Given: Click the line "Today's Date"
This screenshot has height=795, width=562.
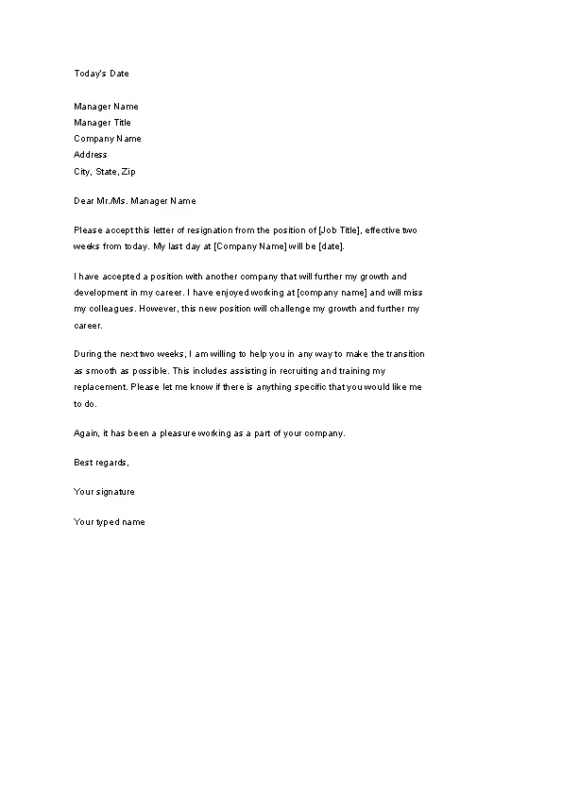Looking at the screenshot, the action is [101, 74].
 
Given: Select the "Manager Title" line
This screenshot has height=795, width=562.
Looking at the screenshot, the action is [103, 123].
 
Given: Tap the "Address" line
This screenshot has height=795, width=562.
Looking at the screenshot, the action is [91, 155].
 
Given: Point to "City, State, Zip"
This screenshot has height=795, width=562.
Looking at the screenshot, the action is [105, 172].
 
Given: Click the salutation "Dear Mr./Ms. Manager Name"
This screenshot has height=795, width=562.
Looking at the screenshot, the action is [135, 201].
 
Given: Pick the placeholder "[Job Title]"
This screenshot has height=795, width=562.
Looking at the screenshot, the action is [330, 230].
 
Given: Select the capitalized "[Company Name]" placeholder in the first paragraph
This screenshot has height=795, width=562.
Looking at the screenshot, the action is [245, 246].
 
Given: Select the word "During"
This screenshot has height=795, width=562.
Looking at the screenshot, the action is [88, 354].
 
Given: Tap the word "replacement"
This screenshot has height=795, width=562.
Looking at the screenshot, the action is [99, 387].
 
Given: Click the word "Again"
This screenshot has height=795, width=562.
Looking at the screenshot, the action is [86, 433].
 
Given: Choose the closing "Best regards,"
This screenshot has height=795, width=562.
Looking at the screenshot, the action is [101, 463].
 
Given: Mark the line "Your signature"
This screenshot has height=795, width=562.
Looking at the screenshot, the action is [104, 492].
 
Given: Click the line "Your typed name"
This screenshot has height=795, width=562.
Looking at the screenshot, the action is [110, 522].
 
